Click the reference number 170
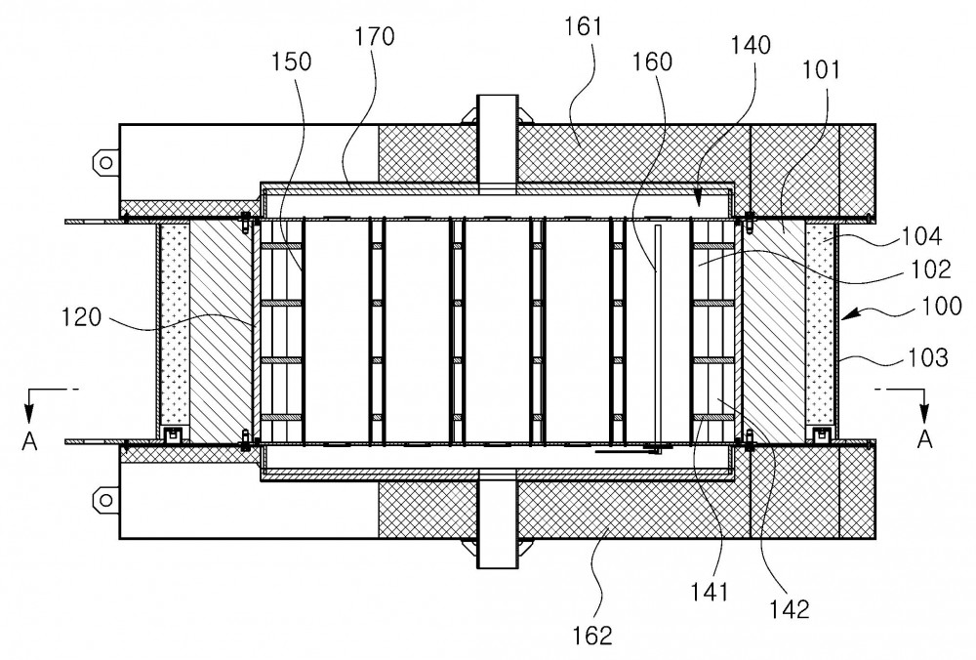coord(375,37)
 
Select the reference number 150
coord(291,62)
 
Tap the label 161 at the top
coord(584,26)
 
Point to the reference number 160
coord(652,62)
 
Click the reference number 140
coord(751,45)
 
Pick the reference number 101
coord(821,69)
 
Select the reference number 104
coord(922,236)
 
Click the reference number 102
coord(931,269)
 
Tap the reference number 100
coord(941,306)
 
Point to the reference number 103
coord(927,357)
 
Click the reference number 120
coord(81,317)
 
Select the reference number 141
coord(709,592)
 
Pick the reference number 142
coord(790,609)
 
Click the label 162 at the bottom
coord(592,636)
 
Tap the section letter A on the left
coord(29,441)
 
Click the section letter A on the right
coord(925,439)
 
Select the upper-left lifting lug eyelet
coord(105,163)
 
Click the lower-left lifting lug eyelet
coord(105,500)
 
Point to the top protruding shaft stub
coord(498,144)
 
